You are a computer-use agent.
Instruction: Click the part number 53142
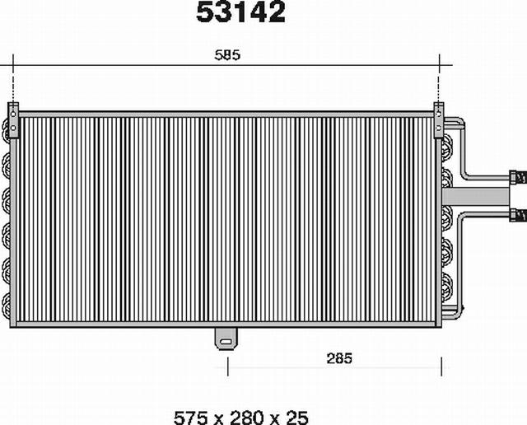(x=240, y=12)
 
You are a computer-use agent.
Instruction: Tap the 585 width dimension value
(x=227, y=55)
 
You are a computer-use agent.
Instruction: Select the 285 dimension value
(x=339, y=358)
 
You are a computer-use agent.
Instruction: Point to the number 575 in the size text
(x=191, y=418)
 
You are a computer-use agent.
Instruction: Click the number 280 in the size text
(x=247, y=418)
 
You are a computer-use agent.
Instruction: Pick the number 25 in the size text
(x=296, y=418)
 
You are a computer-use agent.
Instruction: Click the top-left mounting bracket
(x=13, y=120)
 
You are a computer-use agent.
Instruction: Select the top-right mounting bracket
(x=439, y=120)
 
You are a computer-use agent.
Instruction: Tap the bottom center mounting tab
(x=226, y=339)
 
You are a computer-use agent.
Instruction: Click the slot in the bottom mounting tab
(x=226, y=342)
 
